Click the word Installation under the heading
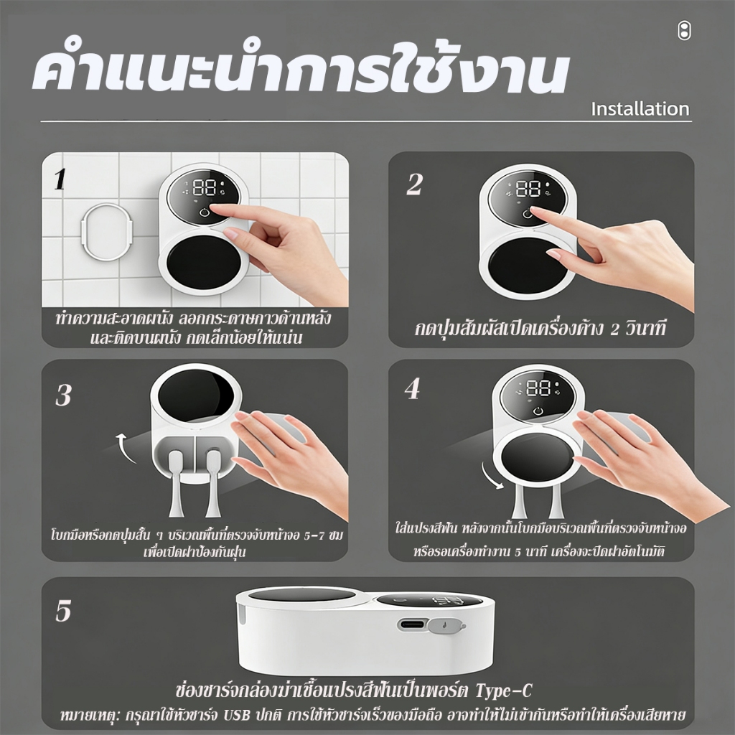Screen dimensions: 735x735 640,109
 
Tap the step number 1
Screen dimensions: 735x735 60,179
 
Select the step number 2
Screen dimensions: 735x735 414,184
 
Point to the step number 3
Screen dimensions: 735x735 63,395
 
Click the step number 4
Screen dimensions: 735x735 413,389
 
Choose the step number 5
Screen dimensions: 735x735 63,611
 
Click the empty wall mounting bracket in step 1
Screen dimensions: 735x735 108,232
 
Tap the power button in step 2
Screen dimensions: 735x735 528,214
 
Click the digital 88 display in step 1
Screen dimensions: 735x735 205,187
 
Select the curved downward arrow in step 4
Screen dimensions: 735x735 491,475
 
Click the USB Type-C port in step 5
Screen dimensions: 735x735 413,624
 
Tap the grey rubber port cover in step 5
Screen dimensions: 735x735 446,626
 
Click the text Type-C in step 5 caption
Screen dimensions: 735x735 504,690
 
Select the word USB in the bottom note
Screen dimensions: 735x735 236,716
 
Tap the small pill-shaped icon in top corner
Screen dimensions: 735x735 684,30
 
